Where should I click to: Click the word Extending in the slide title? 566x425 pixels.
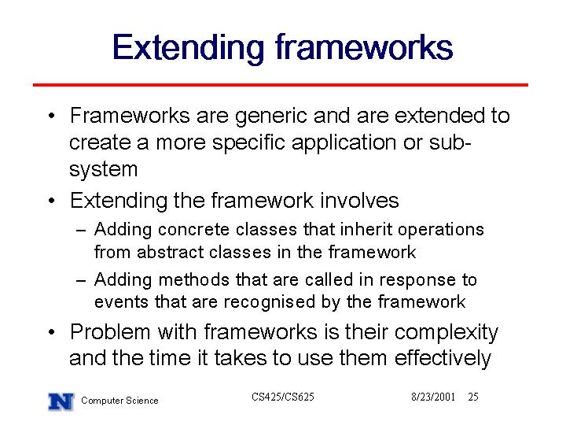click(x=188, y=49)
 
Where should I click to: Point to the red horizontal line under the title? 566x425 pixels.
click(x=281, y=85)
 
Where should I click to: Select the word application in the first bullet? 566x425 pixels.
click(x=344, y=143)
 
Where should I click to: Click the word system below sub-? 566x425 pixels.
click(x=104, y=170)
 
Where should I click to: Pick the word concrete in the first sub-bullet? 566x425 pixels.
click(x=193, y=230)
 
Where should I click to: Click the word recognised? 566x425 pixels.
click(x=270, y=302)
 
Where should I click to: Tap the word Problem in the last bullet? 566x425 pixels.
click(x=110, y=332)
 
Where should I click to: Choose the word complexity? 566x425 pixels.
click(x=446, y=333)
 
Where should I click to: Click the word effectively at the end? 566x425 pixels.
click(x=443, y=359)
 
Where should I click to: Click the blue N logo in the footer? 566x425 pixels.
click(x=61, y=401)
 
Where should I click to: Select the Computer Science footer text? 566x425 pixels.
click(x=119, y=401)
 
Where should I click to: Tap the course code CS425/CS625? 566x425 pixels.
click(x=283, y=397)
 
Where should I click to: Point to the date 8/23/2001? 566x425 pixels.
click(x=433, y=397)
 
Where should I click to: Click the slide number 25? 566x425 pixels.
click(x=473, y=397)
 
